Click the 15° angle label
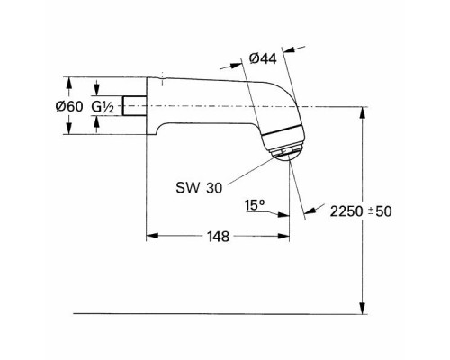pos(255,206)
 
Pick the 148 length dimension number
pos(218,237)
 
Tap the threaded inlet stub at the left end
pos(135,107)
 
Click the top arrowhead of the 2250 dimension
pos(362,112)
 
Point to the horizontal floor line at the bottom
pos(216,313)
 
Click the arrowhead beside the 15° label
pos(285,214)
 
